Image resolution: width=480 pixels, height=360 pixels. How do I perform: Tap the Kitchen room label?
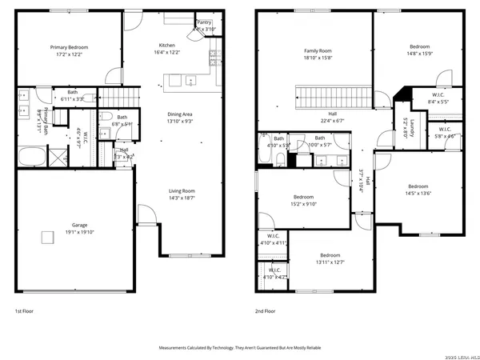click(166, 46)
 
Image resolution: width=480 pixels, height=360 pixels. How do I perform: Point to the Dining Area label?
click(181, 114)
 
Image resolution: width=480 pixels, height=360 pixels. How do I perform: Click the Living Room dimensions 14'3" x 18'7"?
click(182, 198)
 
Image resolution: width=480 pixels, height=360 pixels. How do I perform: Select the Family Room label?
click(318, 50)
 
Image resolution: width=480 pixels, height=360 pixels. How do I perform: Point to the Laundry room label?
click(406, 128)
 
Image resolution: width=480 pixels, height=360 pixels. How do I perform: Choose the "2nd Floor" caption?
click(266, 310)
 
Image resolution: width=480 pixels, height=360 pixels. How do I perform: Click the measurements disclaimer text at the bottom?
click(240, 349)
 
